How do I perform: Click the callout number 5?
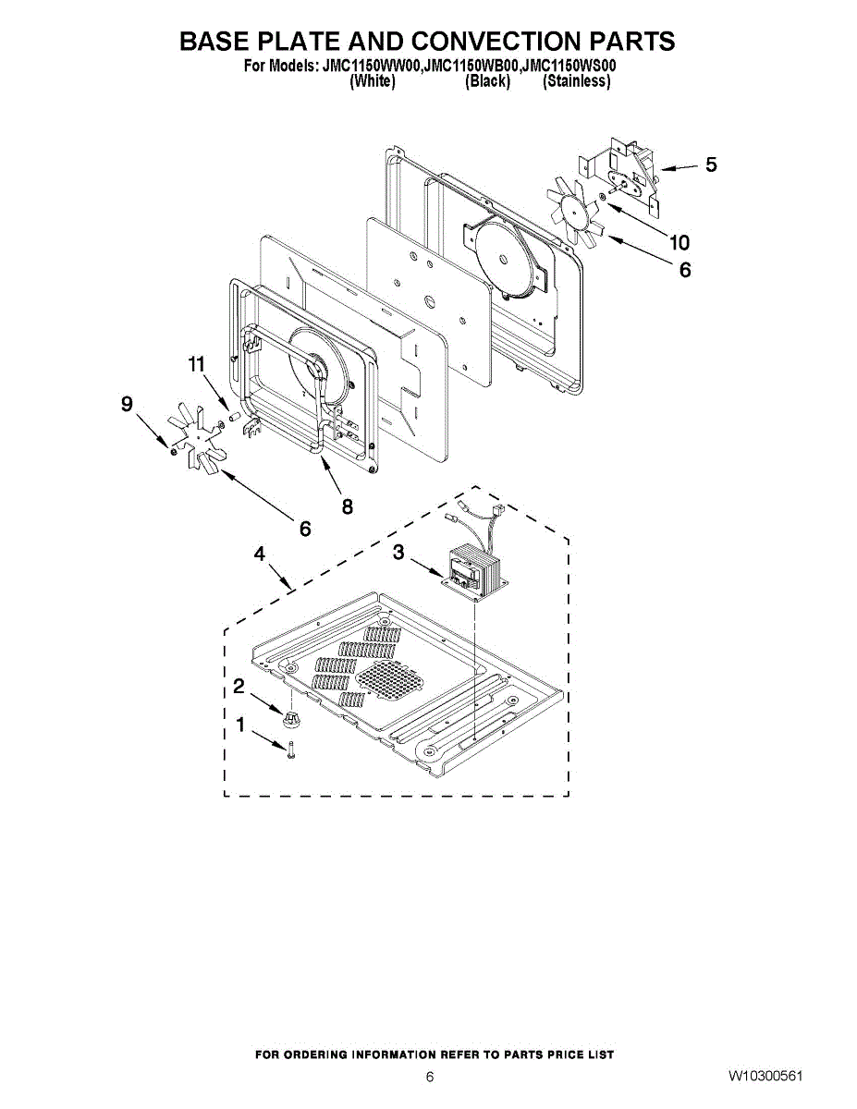click(710, 165)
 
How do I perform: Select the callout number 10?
click(679, 243)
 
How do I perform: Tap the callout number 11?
click(195, 365)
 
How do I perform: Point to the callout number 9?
click(127, 404)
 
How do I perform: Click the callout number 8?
click(347, 506)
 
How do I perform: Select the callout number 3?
click(398, 553)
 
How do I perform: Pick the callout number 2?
click(239, 687)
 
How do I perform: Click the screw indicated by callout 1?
click(291, 749)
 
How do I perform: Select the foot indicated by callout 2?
click(290, 717)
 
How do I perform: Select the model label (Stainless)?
click(576, 81)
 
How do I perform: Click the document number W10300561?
click(765, 1077)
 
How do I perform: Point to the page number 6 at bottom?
click(429, 1077)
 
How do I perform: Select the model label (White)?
click(373, 81)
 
